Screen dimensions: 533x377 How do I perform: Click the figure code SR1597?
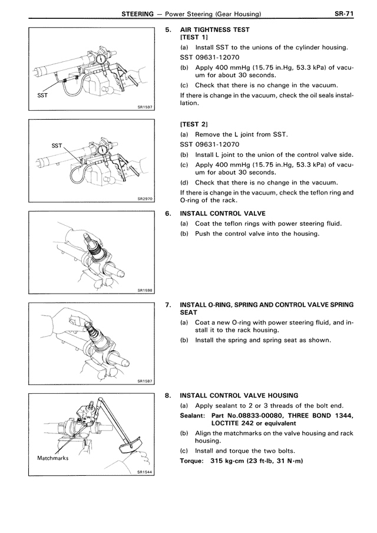(x=145, y=107)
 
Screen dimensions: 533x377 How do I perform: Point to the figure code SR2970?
(x=145, y=199)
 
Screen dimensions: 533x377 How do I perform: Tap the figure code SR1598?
(x=145, y=290)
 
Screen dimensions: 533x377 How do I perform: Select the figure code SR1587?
(x=145, y=381)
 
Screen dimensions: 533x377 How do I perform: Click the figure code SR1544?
(x=145, y=472)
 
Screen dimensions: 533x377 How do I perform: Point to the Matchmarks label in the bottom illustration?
(x=54, y=458)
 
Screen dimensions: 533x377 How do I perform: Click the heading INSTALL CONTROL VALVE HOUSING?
(x=239, y=395)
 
